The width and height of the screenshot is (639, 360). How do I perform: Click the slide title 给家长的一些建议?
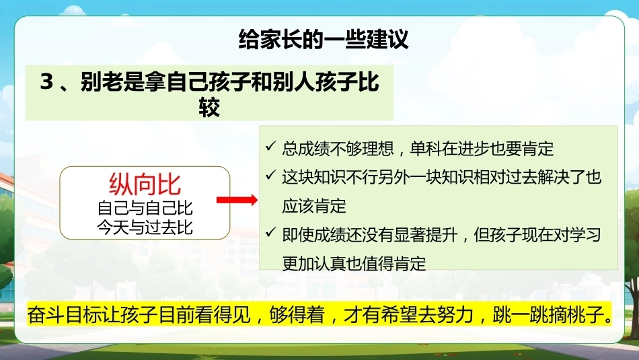(323, 40)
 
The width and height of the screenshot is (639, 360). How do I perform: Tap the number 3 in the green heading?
(47, 81)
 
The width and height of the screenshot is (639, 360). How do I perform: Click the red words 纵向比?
(145, 184)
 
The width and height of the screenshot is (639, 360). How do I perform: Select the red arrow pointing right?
(237, 200)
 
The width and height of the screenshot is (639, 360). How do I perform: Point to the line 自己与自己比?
(145, 208)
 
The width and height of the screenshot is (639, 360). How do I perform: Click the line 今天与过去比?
(145, 227)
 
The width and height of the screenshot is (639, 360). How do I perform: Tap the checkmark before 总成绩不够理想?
(270, 146)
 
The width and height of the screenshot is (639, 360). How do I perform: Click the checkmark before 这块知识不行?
(270, 175)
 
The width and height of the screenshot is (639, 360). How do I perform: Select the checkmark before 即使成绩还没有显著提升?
(270, 232)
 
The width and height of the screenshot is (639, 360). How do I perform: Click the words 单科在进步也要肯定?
(482, 149)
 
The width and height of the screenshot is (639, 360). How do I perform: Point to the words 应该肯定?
(314, 207)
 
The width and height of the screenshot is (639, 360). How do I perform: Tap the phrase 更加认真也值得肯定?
(354, 264)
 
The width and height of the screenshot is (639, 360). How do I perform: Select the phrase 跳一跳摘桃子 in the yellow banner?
(548, 315)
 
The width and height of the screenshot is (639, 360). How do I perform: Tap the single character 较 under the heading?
(209, 107)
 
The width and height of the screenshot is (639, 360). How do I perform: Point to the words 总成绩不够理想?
(338, 149)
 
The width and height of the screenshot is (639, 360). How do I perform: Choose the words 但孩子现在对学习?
(537, 235)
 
